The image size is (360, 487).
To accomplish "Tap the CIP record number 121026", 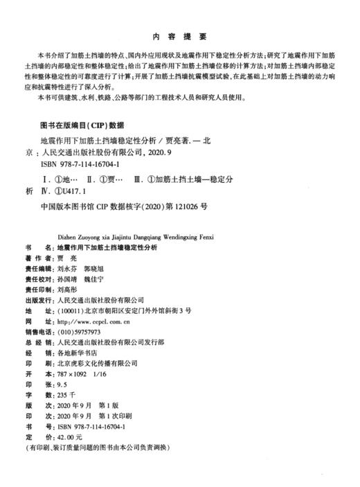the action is (x=182, y=206).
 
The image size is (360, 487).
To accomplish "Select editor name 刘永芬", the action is (x=67, y=265).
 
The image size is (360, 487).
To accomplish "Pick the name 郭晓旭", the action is (x=99, y=265).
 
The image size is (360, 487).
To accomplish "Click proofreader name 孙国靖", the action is (x=67, y=276).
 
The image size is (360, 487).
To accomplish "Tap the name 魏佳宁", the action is (x=99, y=276).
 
